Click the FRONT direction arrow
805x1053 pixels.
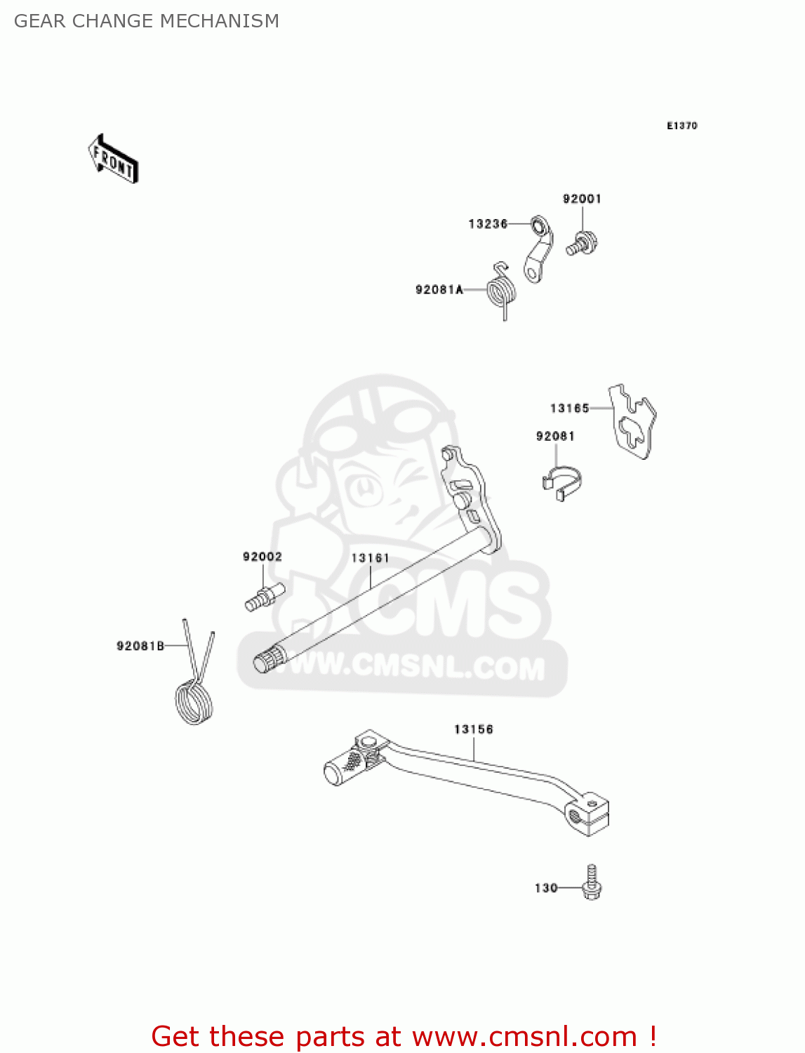pyautogui.click(x=113, y=159)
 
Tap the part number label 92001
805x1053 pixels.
pyautogui.click(x=582, y=199)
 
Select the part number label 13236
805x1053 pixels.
pyautogui.click(x=488, y=224)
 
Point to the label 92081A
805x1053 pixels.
pyautogui.click(x=439, y=289)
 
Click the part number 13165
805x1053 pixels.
pyautogui.click(x=569, y=408)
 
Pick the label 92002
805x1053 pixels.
pyautogui.click(x=262, y=557)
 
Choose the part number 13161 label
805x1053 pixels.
pyautogui.click(x=370, y=558)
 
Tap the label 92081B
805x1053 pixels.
pyautogui.click(x=140, y=646)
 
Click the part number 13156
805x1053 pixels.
pyautogui.click(x=474, y=729)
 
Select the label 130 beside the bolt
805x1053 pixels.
pyautogui.click(x=546, y=888)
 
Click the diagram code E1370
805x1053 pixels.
pyautogui.click(x=681, y=126)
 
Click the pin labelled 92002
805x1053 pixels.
pyautogui.click(x=263, y=598)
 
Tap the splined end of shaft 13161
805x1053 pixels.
pyautogui.click(x=268, y=663)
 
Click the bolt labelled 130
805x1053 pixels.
pyautogui.click(x=592, y=885)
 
